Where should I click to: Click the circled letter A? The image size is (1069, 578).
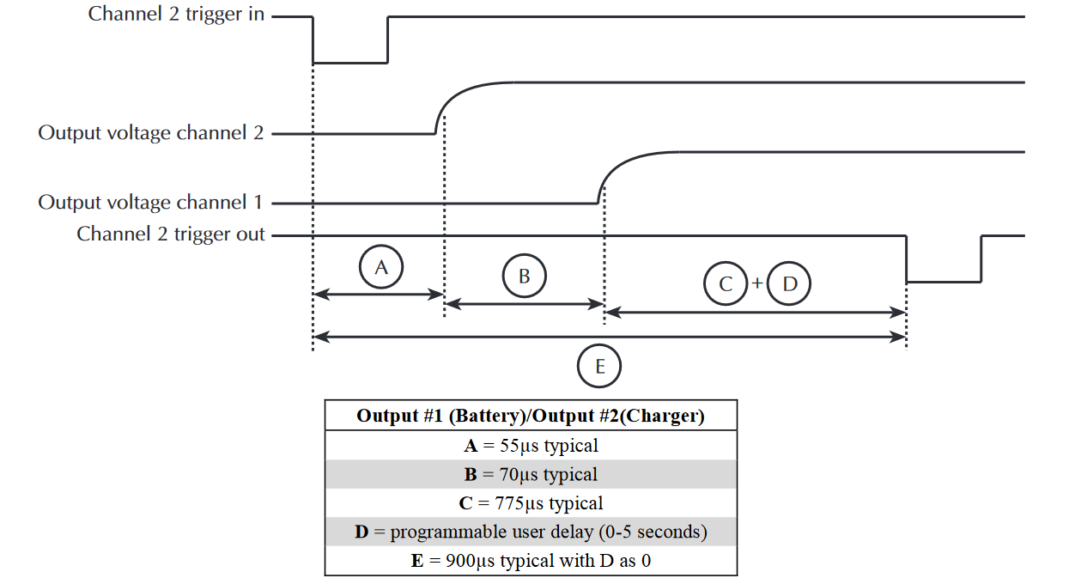point(381,267)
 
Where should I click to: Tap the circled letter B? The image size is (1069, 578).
point(524,276)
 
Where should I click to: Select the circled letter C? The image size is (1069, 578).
point(726,284)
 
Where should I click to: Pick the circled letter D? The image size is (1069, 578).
point(790,284)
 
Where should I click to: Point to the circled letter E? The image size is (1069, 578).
point(599,368)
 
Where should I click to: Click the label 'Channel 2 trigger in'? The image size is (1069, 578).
point(176,15)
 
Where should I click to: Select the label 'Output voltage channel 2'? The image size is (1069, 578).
point(150,133)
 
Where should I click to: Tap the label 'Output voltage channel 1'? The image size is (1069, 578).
point(150,203)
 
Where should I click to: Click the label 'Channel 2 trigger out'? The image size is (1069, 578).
point(171,234)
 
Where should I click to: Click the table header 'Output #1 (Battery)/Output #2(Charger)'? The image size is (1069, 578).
point(531,416)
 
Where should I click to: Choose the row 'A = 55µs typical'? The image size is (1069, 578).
point(531,445)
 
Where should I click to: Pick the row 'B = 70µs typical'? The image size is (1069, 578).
point(531,474)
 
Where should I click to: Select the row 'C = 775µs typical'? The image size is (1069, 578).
point(531,502)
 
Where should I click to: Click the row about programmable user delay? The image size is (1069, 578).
point(531,532)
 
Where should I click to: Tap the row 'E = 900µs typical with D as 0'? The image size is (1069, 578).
point(531,561)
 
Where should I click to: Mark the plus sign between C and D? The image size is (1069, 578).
point(757,283)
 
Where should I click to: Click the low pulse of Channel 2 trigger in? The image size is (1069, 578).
point(349,62)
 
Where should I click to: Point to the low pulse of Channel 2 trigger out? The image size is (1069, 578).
point(944,281)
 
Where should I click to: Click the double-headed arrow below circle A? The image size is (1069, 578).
point(378,295)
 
